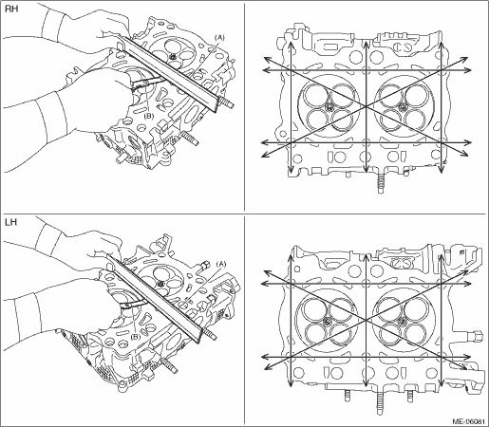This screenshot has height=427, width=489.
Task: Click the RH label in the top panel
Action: click(11, 9)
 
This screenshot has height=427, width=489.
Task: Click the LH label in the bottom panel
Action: click(11, 222)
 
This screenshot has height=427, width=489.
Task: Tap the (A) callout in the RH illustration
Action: click(219, 38)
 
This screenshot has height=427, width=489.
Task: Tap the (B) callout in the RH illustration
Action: click(148, 116)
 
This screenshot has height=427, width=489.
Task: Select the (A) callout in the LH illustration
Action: click(221, 264)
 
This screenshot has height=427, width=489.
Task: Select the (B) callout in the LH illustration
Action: click(136, 337)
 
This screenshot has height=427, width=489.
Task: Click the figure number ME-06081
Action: click(468, 421)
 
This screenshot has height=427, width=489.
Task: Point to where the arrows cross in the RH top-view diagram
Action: click(366, 106)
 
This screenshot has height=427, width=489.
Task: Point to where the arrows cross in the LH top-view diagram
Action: click(366, 321)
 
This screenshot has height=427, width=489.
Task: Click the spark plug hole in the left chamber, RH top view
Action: click(329, 106)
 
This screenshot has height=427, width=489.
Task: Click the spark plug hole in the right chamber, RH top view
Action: click(403, 106)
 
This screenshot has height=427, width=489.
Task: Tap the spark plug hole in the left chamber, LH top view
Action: click(328, 322)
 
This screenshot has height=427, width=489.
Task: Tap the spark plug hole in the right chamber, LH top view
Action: click(402, 322)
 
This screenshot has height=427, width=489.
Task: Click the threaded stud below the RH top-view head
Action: click(381, 184)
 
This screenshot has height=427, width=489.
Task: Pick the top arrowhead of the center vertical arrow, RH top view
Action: click(366, 44)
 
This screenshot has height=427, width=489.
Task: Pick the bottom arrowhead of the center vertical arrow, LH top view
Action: click(366, 383)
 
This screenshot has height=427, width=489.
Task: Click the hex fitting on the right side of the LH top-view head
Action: click(477, 335)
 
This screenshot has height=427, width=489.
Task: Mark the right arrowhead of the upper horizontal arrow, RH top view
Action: click(468, 70)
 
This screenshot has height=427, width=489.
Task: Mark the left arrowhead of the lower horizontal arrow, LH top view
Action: click(266, 357)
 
